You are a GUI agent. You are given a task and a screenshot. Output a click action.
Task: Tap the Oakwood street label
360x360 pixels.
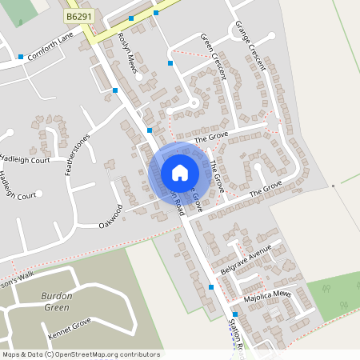[111, 214]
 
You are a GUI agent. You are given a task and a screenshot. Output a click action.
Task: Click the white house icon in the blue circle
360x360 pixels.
[180, 173]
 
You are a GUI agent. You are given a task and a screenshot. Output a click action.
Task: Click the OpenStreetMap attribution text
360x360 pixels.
[81, 354]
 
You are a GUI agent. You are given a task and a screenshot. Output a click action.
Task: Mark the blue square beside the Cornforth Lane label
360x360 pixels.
[20, 57]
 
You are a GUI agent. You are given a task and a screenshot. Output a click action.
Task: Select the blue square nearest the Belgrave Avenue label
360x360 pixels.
[211, 286]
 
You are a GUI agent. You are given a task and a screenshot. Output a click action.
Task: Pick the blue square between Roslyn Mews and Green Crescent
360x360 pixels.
[170, 62]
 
